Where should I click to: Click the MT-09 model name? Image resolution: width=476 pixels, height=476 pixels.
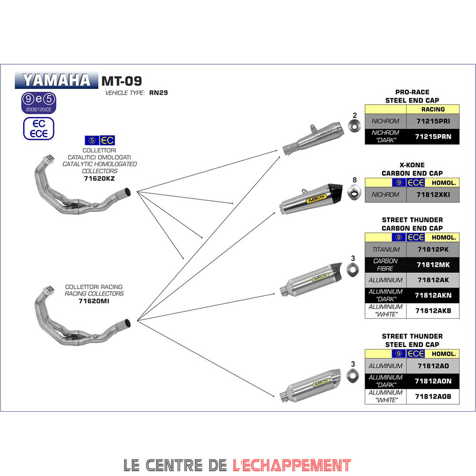(121, 80)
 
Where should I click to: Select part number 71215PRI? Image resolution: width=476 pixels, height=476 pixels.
(432, 121)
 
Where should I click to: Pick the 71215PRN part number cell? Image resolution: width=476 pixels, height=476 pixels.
(432, 137)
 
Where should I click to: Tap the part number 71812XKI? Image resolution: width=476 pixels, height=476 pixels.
(432, 195)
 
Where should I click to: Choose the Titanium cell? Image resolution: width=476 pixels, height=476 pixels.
(386, 249)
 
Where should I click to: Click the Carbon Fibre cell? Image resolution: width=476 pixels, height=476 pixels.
(386, 265)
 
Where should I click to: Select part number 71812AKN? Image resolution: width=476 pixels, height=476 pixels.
(432, 295)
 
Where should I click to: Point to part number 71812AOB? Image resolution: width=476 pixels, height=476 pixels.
(432, 397)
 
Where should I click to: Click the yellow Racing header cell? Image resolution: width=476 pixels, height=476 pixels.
(432, 109)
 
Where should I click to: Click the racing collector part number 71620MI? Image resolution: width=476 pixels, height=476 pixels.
(94, 301)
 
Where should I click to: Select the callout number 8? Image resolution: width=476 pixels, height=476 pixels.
(354, 180)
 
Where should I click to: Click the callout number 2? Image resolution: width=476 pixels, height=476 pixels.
(354, 115)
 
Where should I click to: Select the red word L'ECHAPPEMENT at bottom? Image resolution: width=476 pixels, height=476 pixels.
(292, 465)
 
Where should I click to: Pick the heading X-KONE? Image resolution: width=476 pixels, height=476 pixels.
(412, 165)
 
